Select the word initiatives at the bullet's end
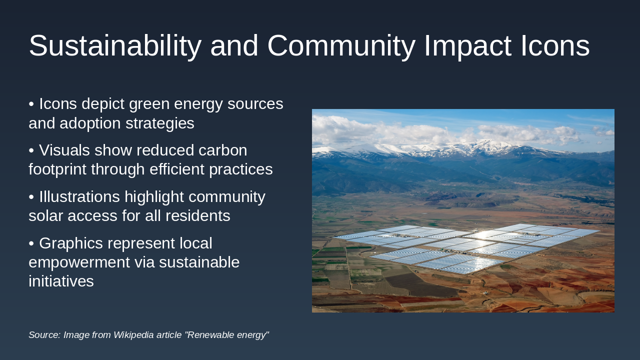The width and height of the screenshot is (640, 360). point(61,281)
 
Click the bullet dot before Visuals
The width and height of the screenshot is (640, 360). point(31,150)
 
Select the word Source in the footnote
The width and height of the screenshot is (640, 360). point(43,335)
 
